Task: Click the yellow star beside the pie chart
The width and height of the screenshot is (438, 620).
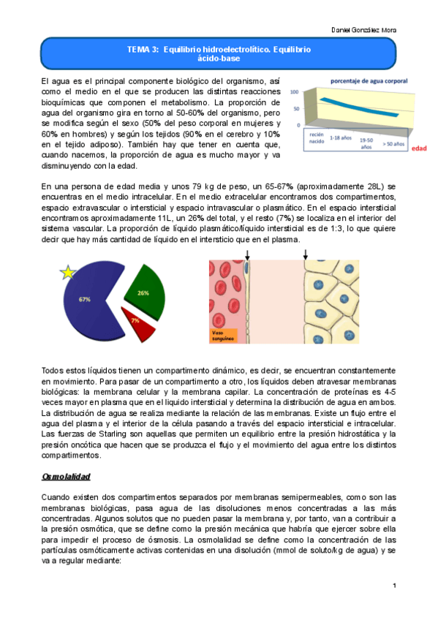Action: click(68, 273)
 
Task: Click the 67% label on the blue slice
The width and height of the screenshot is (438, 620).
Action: click(85, 299)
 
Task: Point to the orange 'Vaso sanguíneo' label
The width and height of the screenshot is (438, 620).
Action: click(222, 336)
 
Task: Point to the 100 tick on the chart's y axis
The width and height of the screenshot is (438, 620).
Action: click(294, 94)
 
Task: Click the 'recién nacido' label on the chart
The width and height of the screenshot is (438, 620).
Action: click(315, 138)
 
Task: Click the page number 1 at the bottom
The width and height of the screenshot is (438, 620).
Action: click(393, 586)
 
